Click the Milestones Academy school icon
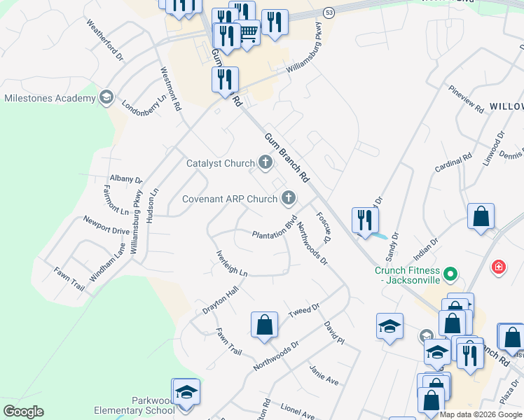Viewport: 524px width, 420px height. click(106, 97)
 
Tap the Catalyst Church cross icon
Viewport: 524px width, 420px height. click(265, 163)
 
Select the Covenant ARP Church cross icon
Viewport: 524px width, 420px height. click(287, 199)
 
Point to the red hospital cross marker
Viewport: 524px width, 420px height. click(498, 267)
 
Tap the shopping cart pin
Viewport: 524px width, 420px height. click(248, 32)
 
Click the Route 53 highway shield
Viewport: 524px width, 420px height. click(329, 12)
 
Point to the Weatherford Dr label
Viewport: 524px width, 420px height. click(104, 38)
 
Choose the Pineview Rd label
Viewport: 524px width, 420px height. click(467, 101)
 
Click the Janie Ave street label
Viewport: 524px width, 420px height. click(324, 374)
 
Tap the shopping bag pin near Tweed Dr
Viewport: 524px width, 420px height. click(264, 325)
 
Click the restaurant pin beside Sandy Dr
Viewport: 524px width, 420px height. click(365, 221)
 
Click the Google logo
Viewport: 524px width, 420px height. click(23, 412)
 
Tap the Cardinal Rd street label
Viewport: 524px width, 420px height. click(453, 165)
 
